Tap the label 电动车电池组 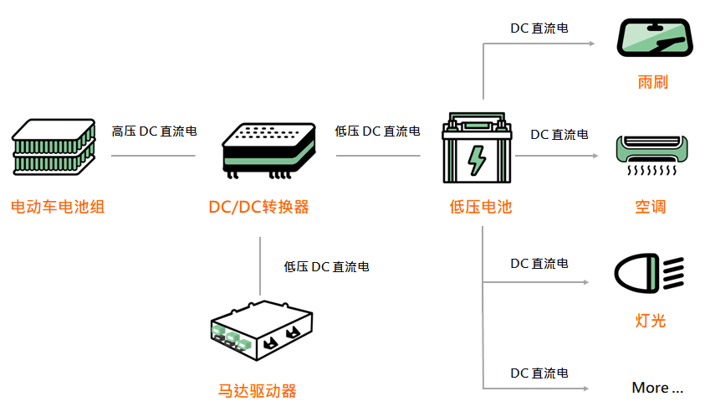[x=58, y=207]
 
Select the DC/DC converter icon [x=269, y=148]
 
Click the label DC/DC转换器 [x=258, y=207]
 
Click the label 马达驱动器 [x=258, y=391]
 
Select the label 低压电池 [x=480, y=207]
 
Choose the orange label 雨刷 [x=652, y=83]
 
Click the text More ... [x=657, y=388]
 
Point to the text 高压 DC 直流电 [x=155, y=131]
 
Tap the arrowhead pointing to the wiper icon [x=590, y=43]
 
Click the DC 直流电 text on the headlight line [x=539, y=264]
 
